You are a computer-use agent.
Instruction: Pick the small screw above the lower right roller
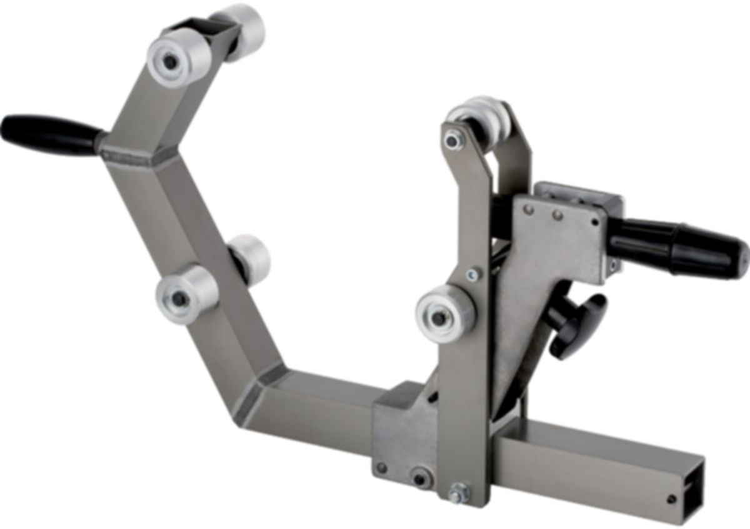point(474,274)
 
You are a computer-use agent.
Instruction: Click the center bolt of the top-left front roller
point(171,61)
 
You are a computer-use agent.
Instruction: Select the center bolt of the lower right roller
point(439,317)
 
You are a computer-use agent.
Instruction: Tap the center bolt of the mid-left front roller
point(179,299)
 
